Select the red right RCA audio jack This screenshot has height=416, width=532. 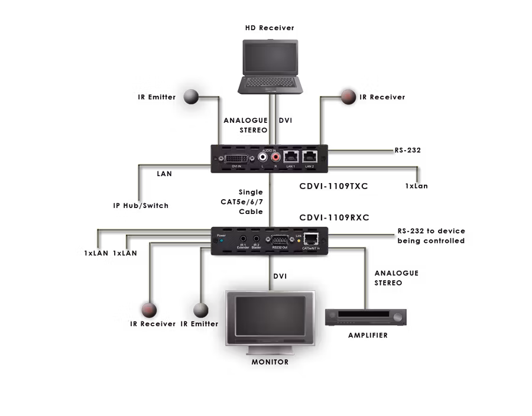(275, 158)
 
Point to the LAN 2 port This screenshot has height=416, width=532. (310, 157)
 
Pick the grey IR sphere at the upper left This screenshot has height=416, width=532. (191, 96)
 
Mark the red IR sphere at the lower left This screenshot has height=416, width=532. (148, 308)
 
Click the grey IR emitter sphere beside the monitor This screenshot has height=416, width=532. (201, 310)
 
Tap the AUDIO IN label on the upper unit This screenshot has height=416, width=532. (269, 150)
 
